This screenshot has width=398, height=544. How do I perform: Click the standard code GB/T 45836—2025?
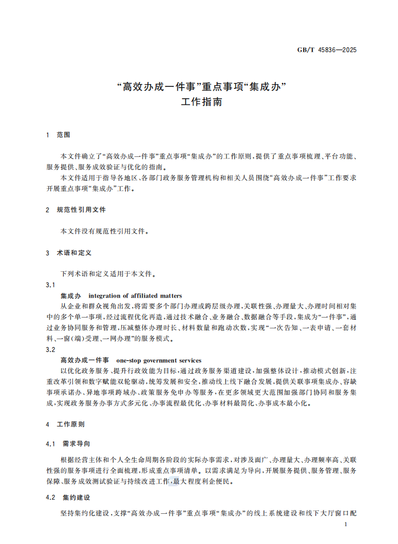pyautogui.click(x=327, y=50)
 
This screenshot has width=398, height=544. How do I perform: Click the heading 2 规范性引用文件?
pyautogui.click(x=76, y=209)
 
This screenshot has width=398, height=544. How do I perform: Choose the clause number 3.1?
pyautogui.click(x=51, y=285)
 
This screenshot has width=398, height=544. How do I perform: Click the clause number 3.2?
pyautogui.click(x=51, y=349)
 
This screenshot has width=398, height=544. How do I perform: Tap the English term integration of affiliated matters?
pyautogui.click(x=135, y=295)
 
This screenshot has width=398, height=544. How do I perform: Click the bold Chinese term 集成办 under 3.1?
pyautogui.click(x=71, y=295)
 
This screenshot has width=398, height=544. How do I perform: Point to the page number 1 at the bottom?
pyautogui.click(x=352, y=525)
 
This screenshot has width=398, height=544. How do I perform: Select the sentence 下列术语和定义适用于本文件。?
pyautogui.click(x=108, y=274)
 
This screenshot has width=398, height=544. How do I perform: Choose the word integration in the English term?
pyautogui.click(x=106, y=295)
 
